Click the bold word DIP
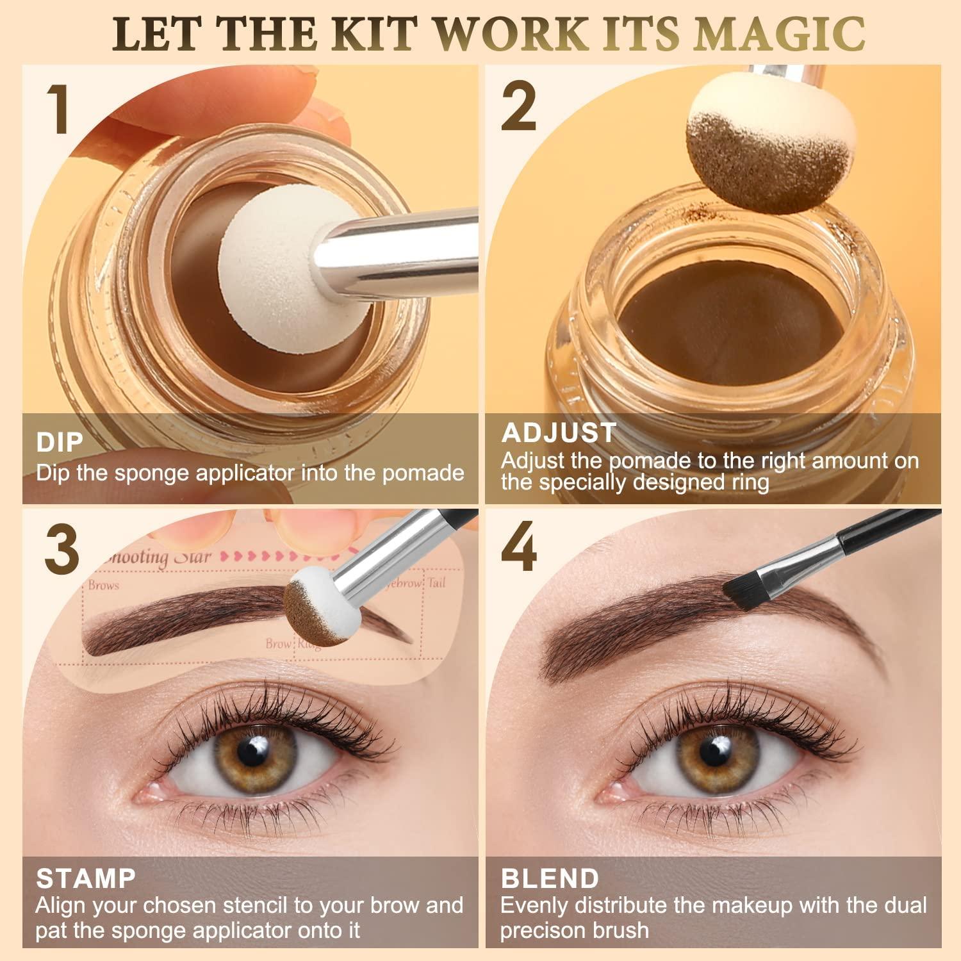(60, 443)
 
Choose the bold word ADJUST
(559, 433)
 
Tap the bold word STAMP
(86, 878)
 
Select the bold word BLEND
(550, 878)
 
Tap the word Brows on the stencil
(104, 585)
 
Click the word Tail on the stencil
(437, 582)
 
